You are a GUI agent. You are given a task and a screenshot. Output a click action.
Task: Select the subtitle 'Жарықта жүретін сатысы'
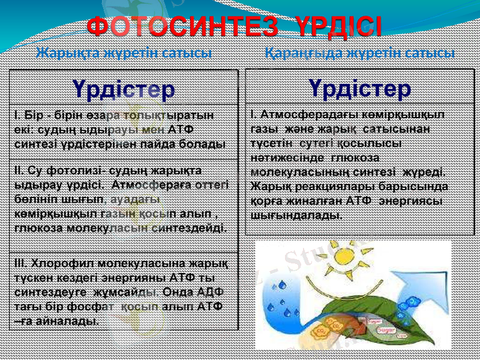[124, 53]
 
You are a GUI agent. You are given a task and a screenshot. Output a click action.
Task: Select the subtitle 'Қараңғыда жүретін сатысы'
[359, 53]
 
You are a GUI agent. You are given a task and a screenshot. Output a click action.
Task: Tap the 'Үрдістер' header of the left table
[124, 89]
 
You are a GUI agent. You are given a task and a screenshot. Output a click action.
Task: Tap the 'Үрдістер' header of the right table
[361, 88]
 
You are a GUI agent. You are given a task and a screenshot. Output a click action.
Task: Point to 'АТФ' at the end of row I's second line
[181, 130]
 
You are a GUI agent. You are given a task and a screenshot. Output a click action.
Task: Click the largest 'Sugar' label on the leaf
[385, 329]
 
